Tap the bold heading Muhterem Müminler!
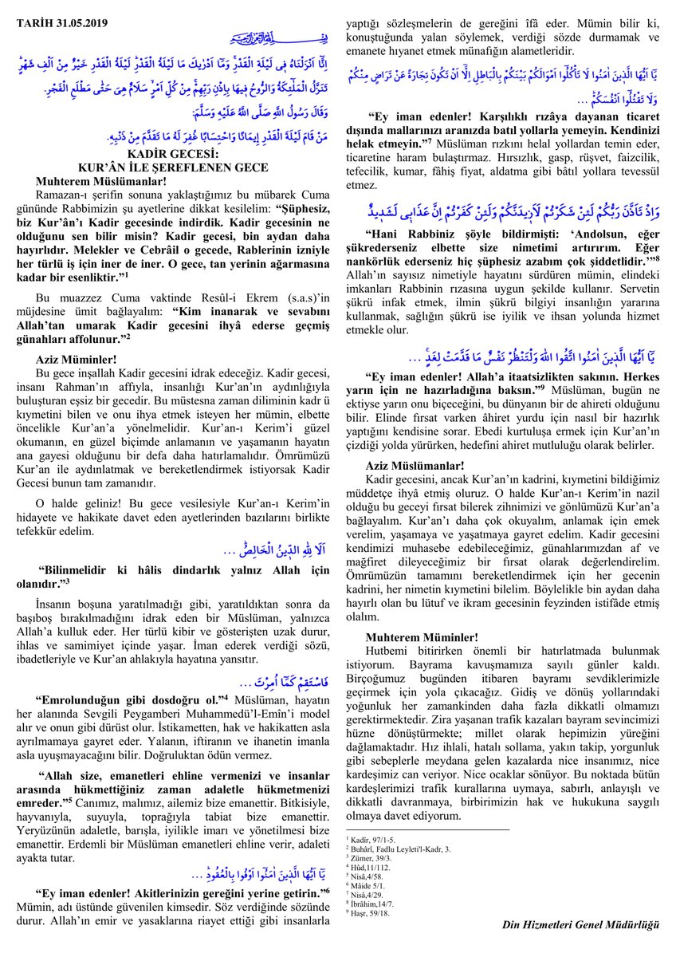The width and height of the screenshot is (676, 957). [x=422, y=637]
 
